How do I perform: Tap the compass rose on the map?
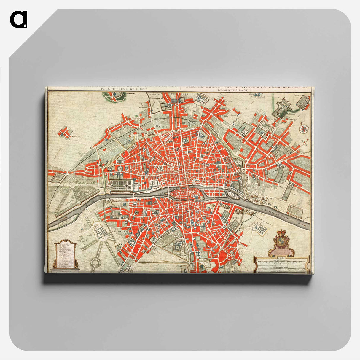point(304,129)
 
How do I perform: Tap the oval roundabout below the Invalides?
point(95,262)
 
